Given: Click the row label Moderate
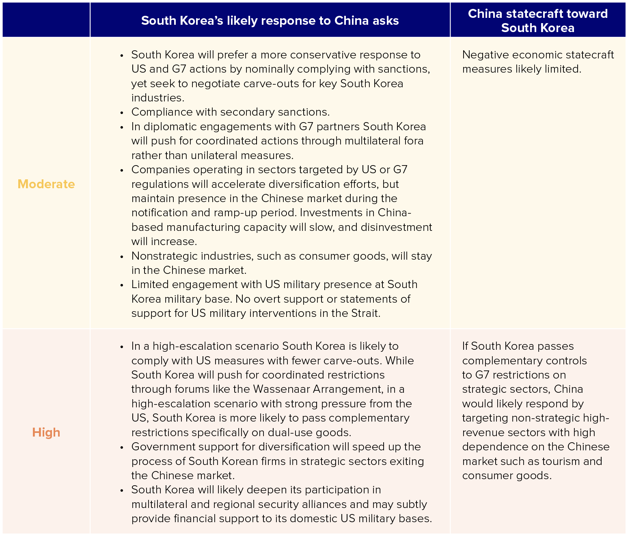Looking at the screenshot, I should [x=46, y=184].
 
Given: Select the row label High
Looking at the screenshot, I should [x=46, y=433].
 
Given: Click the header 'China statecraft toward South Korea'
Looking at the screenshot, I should [x=537, y=20].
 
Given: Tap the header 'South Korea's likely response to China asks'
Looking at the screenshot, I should [x=270, y=21].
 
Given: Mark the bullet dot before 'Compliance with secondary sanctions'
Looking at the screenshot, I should [x=121, y=112].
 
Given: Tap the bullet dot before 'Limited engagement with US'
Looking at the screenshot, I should [x=121, y=285].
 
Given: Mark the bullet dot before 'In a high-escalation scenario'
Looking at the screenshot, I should [x=121, y=346].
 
